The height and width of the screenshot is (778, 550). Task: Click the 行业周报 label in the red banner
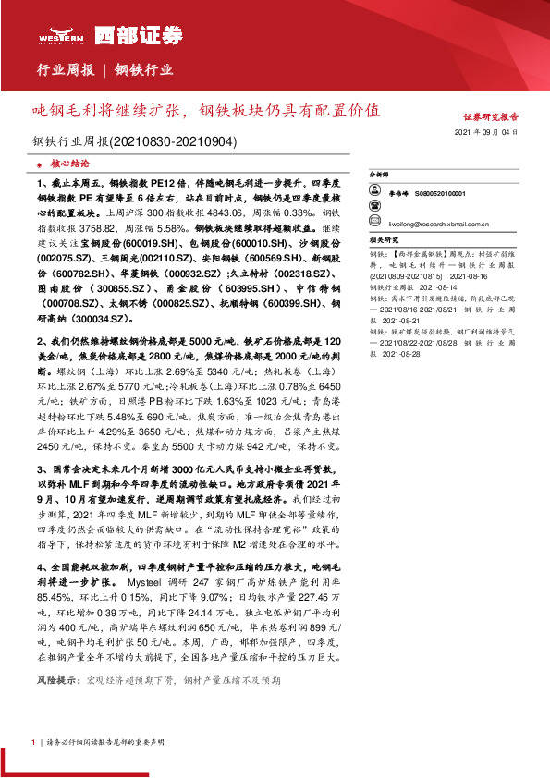point(66,69)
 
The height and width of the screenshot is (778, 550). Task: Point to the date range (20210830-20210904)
point(175,142)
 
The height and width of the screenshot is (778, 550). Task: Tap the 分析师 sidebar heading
point(380,174)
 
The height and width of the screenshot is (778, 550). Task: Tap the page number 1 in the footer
point(31,742)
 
